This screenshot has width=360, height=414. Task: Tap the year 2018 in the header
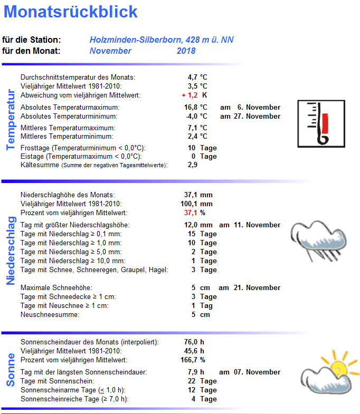pyautogui.click(x=186, y=51)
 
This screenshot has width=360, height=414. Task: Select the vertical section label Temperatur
pyautogui.click(x=10, y=120)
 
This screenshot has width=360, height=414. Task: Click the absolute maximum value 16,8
pyautogui.click(x=191, y=107)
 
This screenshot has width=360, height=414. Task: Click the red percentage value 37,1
pyautogui.click(x=190, y=213)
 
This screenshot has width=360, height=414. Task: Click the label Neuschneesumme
pyautogui.click(x=50, y=315)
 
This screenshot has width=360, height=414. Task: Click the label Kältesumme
pyautogui.click(x=40, y=165)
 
